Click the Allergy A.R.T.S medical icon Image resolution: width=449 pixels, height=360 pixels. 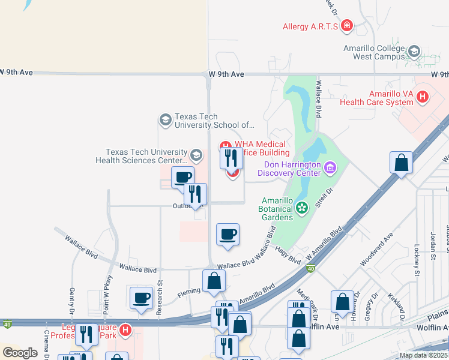pyautogui.click(x=347, y=26)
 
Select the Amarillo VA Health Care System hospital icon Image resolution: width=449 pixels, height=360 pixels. pyautogui.click(x=423, y=96)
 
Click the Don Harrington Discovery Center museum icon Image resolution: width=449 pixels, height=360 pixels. pyautogui.click(x=330, y=167)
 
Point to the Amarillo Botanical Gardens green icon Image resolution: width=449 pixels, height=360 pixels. pyautogui.click(x=301, y=208)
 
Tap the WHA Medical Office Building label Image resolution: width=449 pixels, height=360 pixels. pyautogui.click(x=256, y=148)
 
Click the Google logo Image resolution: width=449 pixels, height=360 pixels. pyautogui.click(x=20, y=353)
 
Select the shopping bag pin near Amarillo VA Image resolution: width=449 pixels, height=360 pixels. pyautogui.click(x=401, y=163)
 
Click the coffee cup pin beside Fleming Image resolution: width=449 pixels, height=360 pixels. pyautogui.click(x=142, y=298)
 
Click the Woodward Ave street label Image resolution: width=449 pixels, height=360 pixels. pyautogui.click(x=376, y=254)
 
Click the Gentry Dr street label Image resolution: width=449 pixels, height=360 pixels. pyautogui.click(x=72, y=300)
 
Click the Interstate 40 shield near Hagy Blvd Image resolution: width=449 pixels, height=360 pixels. pyautogui.click(x=310, y=268)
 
